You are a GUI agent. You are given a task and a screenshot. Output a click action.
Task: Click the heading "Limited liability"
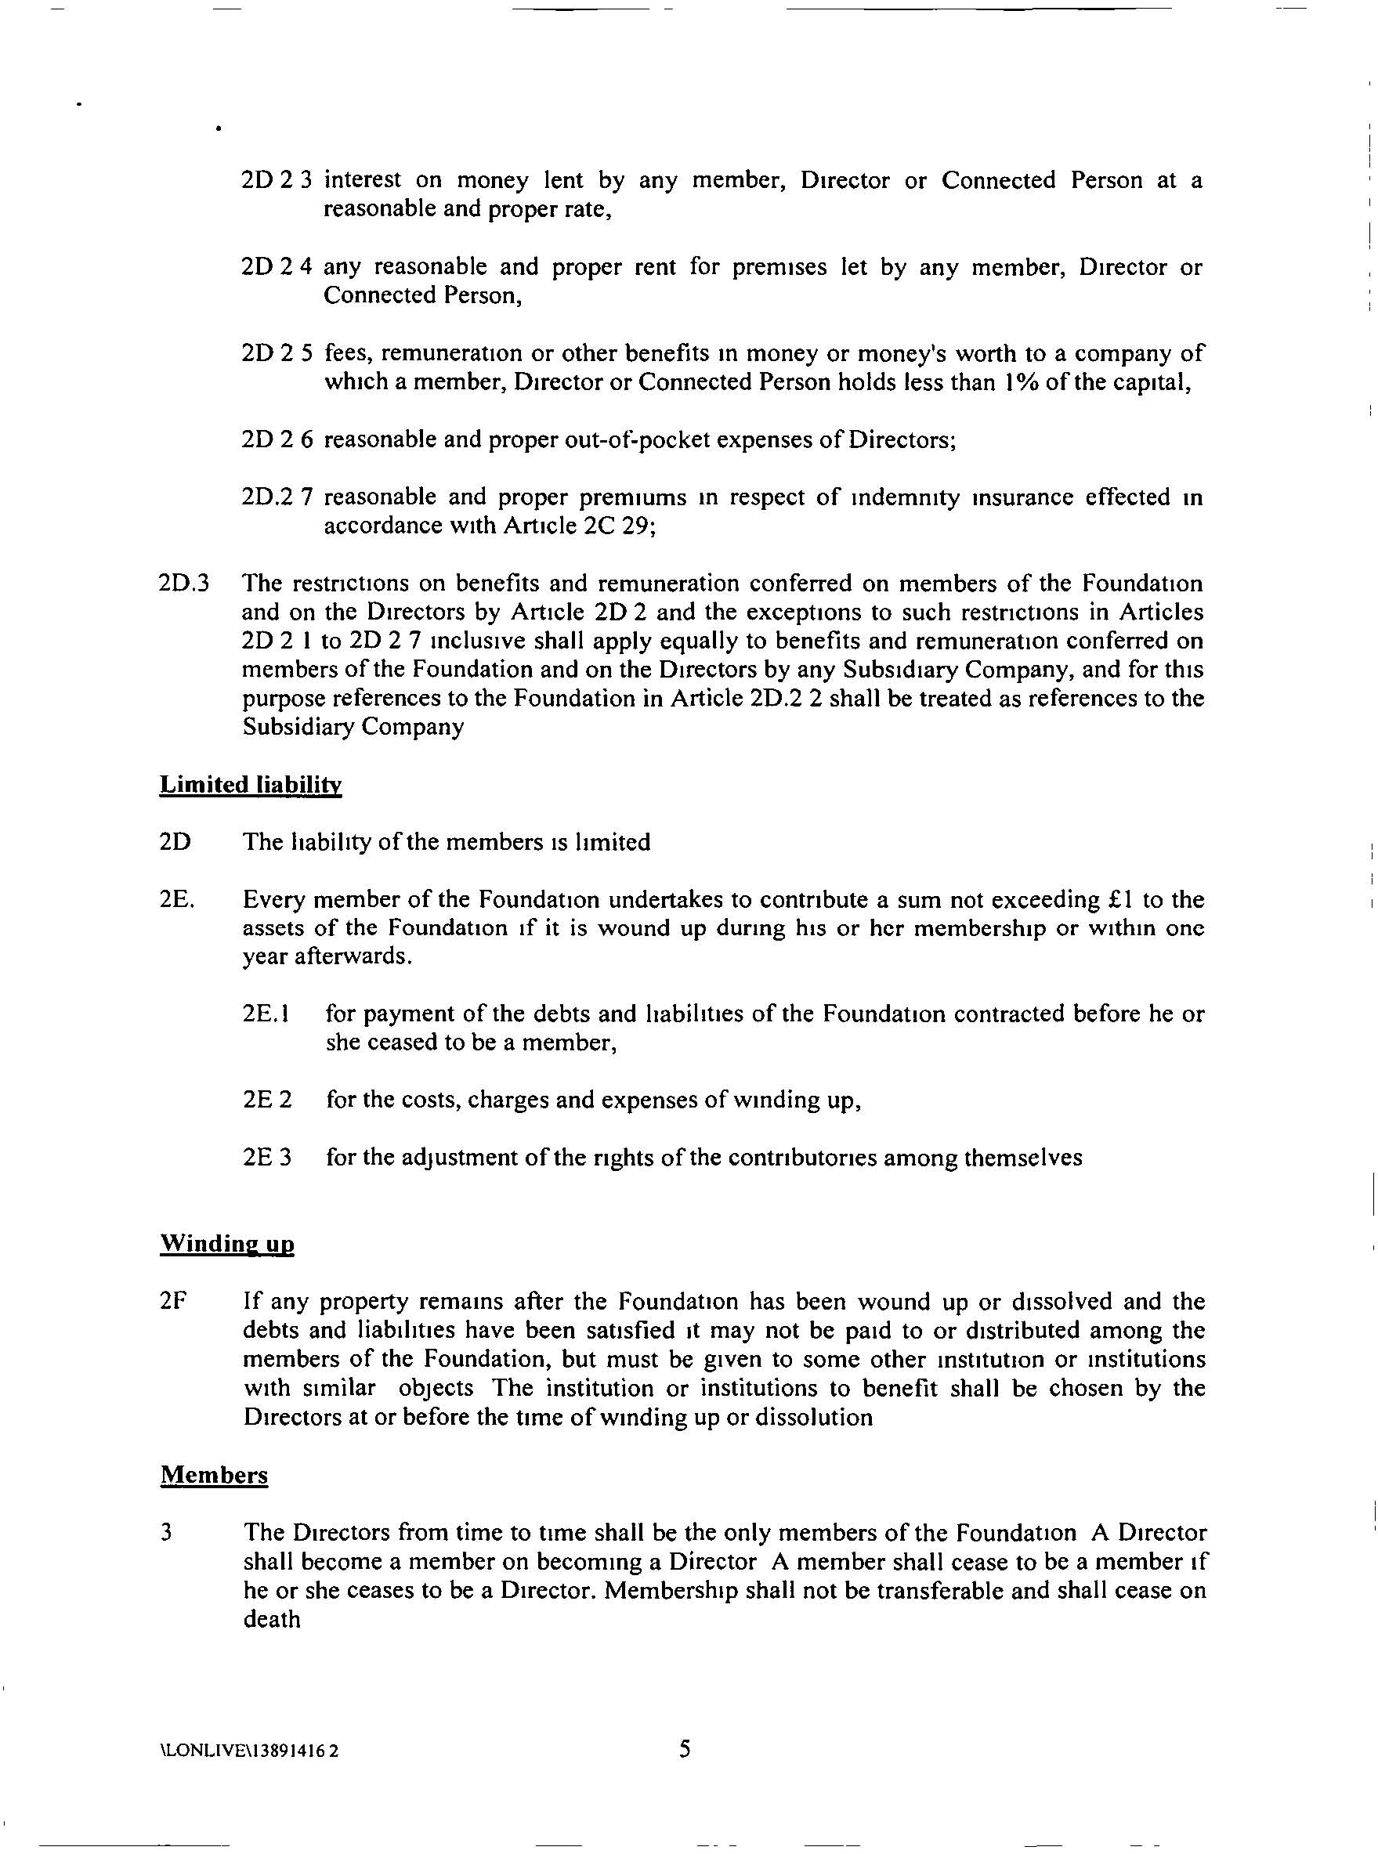[x=250, y=785]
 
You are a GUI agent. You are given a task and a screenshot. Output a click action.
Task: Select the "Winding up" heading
[x=227, y=1244]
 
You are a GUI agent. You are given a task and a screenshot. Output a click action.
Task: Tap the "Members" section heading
[x=215, y=1475]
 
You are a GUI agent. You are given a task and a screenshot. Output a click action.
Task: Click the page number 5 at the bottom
[x=685, y=1748]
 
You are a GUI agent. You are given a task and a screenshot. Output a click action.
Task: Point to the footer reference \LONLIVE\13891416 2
[x=248, y=1751]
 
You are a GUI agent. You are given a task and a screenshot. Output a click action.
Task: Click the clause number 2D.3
[x=183, y=583]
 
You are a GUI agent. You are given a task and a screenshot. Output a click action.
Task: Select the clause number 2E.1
[x=266, y=1014]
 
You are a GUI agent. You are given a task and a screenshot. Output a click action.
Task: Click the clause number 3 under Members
[x=167, y=1532]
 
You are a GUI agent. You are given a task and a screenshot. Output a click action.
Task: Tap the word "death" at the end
[x=272, y=1619]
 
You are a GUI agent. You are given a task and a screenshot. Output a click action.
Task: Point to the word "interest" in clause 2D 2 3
[x=362, y=180]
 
